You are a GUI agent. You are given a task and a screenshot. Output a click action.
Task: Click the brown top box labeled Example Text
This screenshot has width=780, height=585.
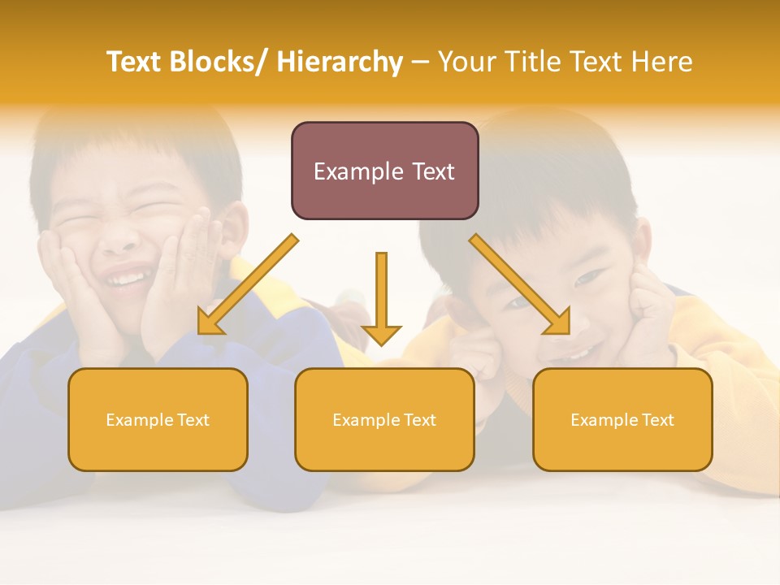point(384,171)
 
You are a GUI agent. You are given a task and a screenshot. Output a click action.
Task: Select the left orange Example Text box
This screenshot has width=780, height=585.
point(158,419)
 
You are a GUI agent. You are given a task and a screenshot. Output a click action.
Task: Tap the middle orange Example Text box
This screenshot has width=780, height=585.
point(384,419)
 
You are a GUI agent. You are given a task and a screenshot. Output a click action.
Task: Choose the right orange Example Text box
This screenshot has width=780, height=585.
point(622,419)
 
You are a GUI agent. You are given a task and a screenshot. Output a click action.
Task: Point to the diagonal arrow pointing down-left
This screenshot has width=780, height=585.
point(248,284)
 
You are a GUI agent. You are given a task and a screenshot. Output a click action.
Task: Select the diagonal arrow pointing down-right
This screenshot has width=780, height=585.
point(520,284)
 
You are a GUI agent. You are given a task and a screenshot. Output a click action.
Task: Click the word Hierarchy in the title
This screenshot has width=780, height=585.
point(340,62)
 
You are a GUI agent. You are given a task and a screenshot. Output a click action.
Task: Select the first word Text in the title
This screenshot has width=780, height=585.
point(135,62)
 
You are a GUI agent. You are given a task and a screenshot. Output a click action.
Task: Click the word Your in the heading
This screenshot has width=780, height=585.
point(467,62)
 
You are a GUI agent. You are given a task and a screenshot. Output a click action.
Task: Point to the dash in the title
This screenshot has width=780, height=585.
point(420,63)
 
